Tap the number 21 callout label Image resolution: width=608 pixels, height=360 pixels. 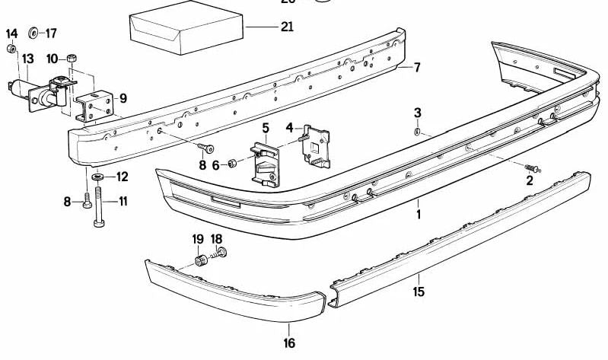click(286, 27)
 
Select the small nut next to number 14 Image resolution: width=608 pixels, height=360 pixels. click(12, 49)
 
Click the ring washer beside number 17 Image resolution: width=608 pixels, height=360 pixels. click(33, 33)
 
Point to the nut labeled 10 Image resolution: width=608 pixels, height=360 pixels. click(72, 58)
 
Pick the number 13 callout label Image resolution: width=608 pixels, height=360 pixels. click(27, 59)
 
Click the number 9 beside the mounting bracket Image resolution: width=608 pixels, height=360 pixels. click(123, 97)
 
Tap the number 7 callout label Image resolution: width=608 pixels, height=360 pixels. click(416, 67)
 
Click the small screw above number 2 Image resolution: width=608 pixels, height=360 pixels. click(530, 167)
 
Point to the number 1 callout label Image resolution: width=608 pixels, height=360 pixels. click(418, 215)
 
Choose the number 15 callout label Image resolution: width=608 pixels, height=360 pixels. click(418, 291)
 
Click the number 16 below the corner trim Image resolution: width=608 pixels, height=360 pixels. click(289, 343)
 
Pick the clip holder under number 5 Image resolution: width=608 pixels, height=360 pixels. click(266, 162)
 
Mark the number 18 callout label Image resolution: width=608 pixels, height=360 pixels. click(217, 238)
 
